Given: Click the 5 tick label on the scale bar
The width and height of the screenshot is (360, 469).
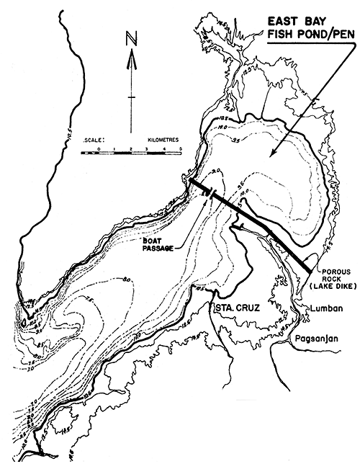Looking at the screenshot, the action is (179, 148).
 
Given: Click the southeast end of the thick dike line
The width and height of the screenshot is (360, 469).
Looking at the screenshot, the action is (310, 270).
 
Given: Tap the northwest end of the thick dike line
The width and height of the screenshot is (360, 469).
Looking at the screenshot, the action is (192, 180).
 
